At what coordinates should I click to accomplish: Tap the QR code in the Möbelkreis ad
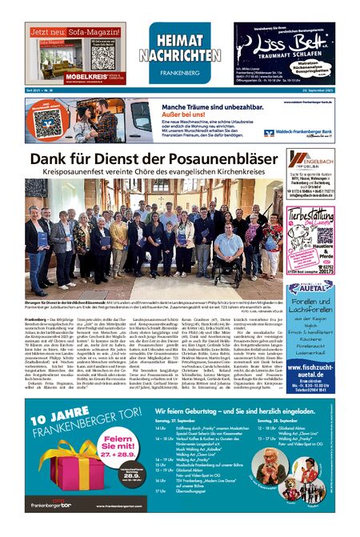[102, 58]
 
